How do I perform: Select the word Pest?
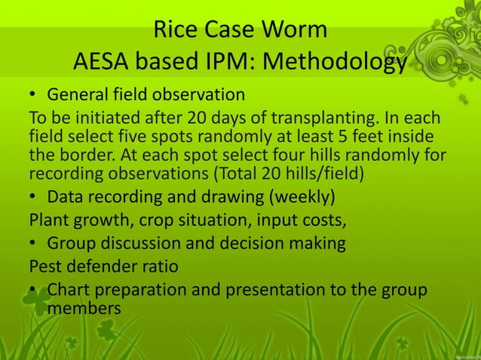(x=44, y=267)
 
